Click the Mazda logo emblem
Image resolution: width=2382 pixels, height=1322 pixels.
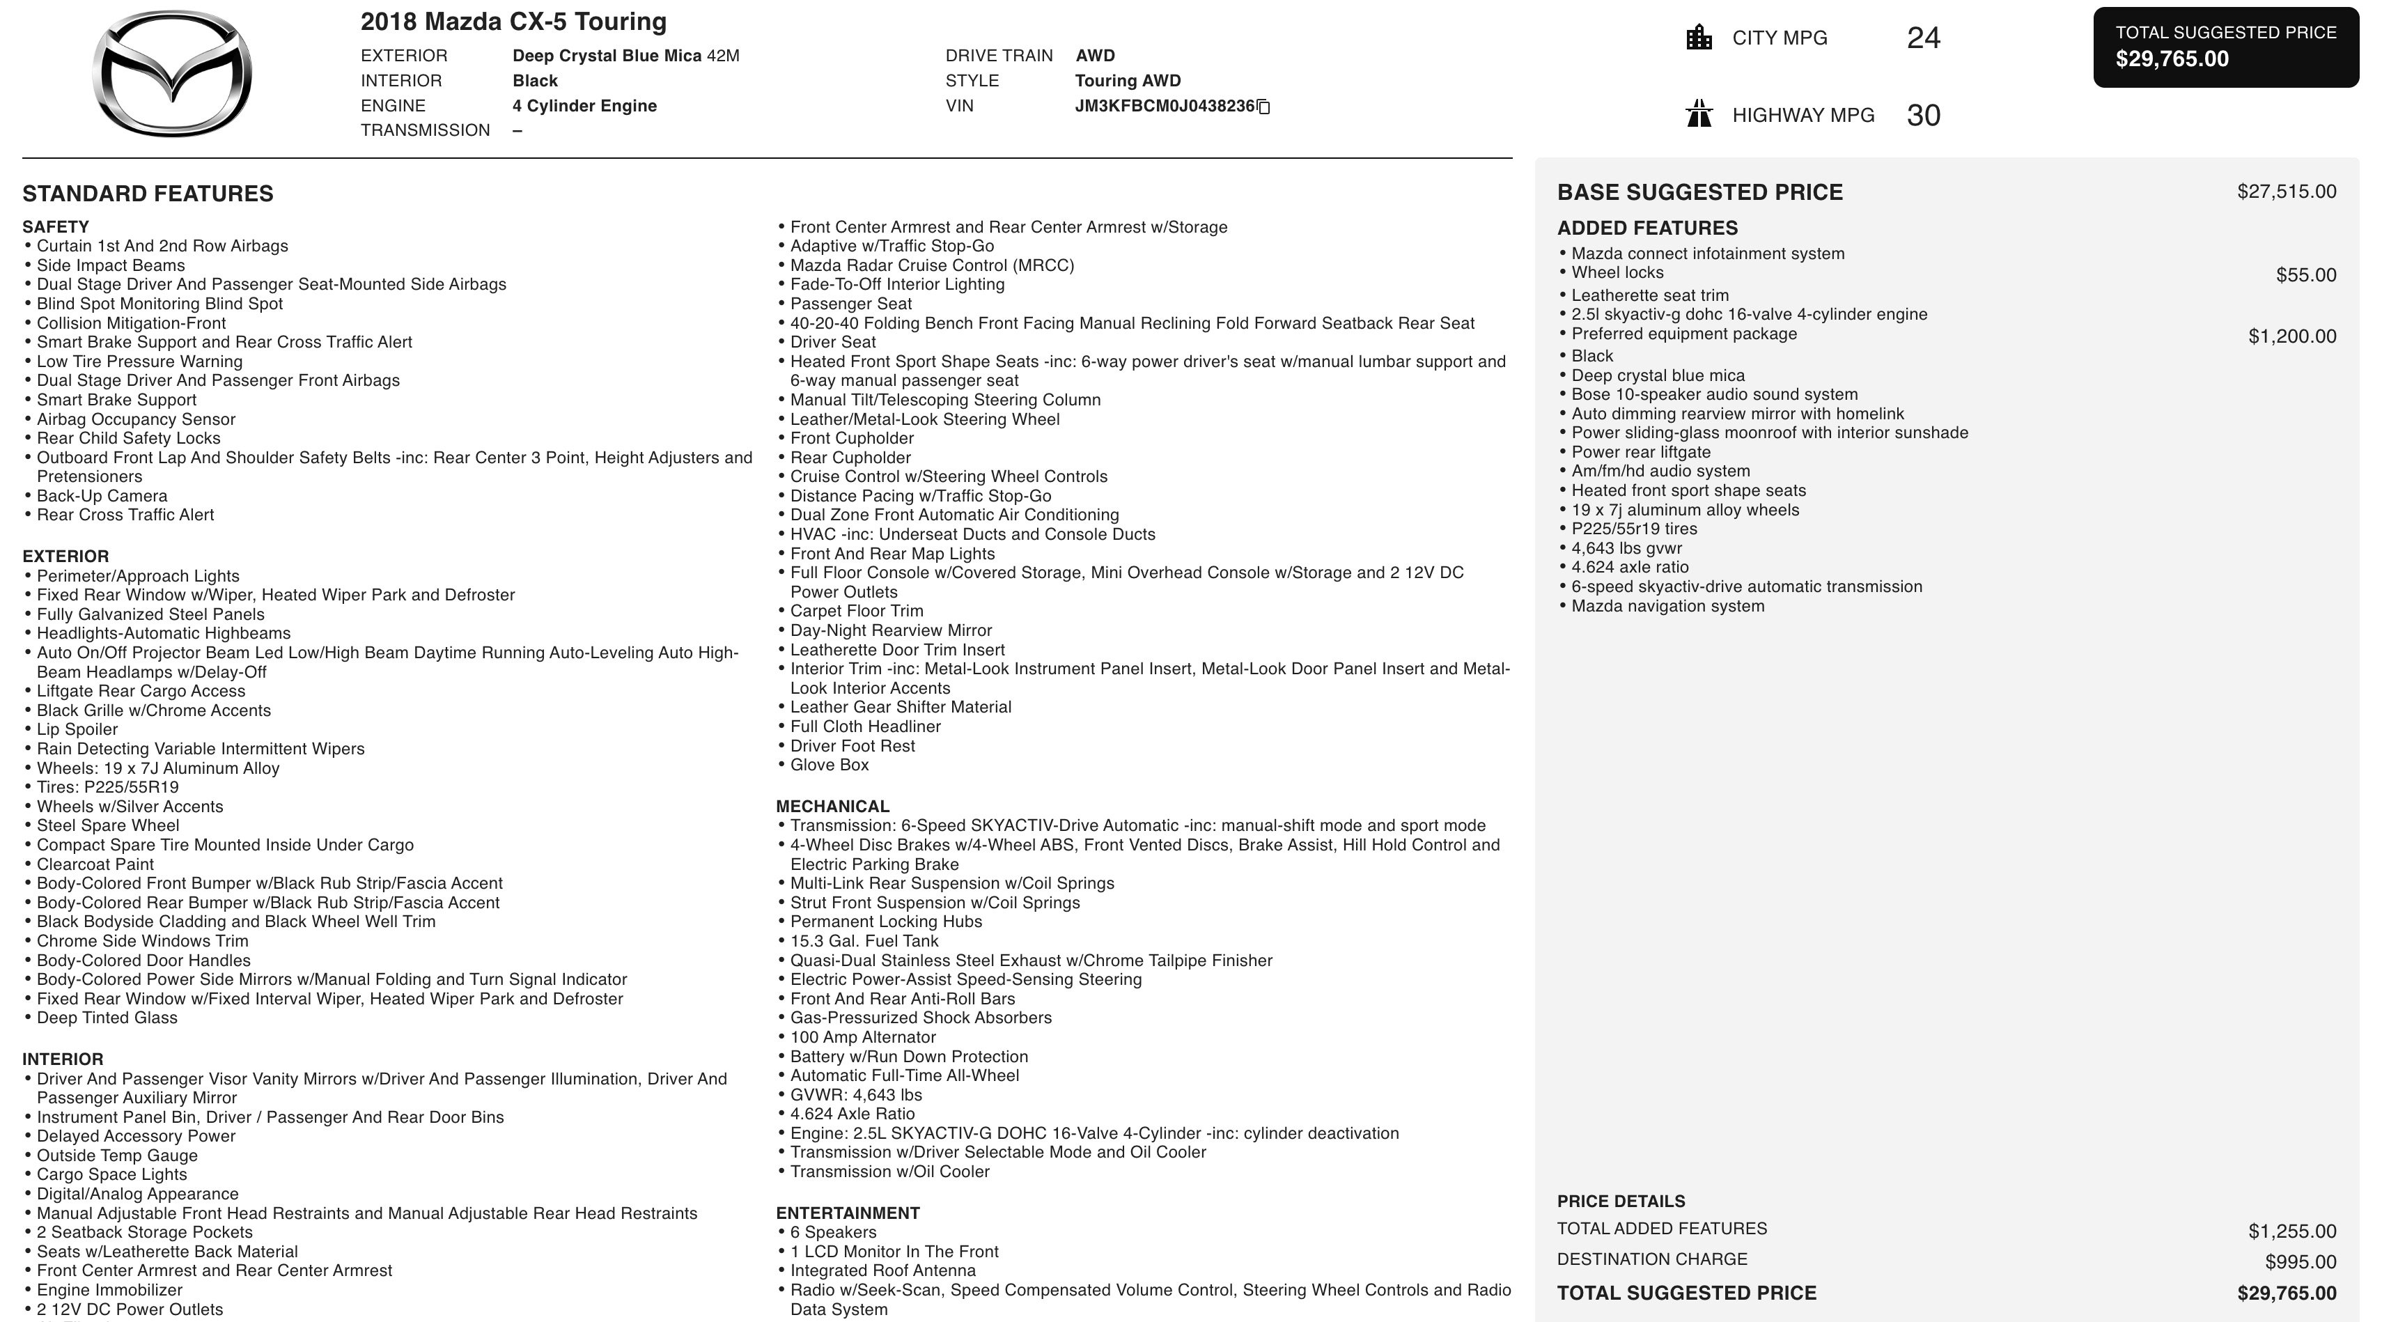(172, 74)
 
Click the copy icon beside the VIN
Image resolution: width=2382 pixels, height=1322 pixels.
(1264, 107)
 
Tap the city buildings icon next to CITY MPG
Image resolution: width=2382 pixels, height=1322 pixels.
(1699, 38)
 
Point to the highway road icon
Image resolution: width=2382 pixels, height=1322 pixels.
(1699, 115)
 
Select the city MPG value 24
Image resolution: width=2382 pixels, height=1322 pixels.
(1923, 38)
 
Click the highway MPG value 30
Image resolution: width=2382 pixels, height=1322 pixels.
(1923, 116)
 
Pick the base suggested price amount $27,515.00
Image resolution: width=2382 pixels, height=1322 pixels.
(2286, 192)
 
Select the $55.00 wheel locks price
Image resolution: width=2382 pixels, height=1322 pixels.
(2305, 274)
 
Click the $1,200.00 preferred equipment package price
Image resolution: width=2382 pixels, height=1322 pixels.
(2291, 336)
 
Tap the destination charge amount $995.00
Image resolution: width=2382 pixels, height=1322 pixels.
(2300, 1262)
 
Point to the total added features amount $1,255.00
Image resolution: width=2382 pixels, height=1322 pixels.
(2291, 1231)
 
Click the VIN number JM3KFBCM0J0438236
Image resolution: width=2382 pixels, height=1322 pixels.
(1164, 107)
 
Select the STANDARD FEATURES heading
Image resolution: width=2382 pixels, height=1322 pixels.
(148, 193)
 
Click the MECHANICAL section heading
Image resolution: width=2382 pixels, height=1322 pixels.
(832, 806)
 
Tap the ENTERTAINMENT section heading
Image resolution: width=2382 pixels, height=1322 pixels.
(847, 1213)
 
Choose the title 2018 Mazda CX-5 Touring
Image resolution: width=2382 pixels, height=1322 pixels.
(513, 22)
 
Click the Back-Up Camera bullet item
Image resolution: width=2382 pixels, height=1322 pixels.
(102, 495)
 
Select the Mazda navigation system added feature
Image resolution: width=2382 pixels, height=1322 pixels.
(1667, 607)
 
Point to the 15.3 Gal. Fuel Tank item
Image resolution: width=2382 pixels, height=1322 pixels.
(864, 941)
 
